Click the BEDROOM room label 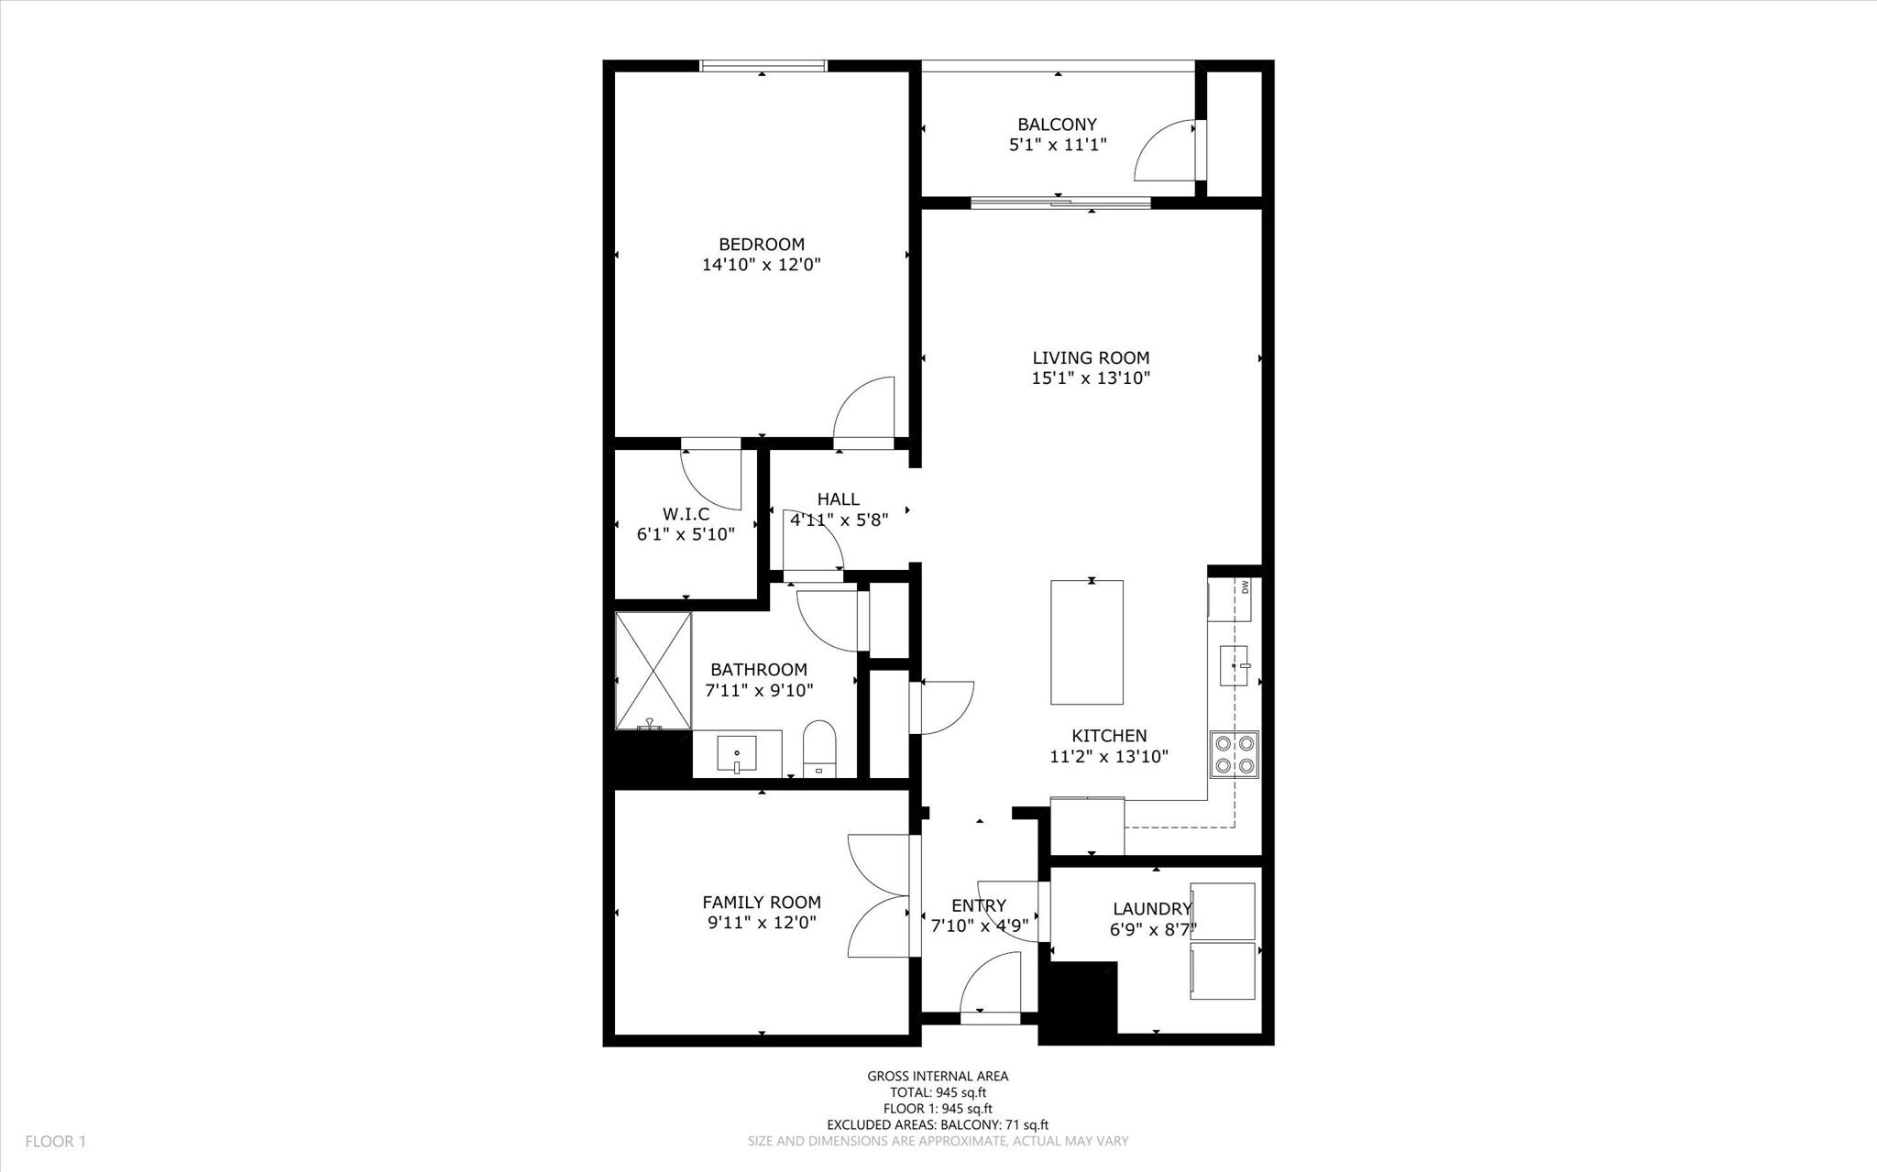click(761, 245)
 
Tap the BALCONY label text click(1057, 125)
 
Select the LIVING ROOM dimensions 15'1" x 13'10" click(1091, 378)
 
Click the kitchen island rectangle click(1086, 641)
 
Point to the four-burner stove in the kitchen click(1234, 754)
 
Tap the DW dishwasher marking click(1245, 586)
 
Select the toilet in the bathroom click(819, 748)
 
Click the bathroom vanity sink click(737, 755)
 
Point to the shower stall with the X click(653, 670)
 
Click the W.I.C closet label click(686, 514)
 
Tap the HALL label click(838, 499)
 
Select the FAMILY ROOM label click(761, 903)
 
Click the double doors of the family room click(880, 896)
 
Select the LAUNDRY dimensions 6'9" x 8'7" click(1152, 929)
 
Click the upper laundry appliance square click(1222, 911)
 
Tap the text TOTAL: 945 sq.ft click(938, 1092)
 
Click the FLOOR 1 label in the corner click(55, 1142)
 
